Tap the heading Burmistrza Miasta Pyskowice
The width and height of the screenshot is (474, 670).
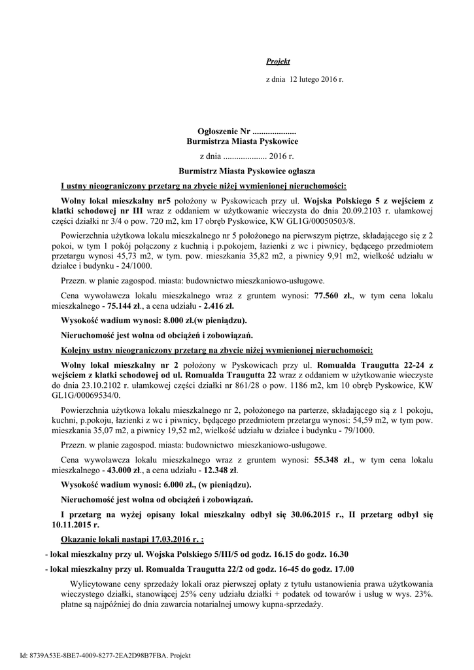pos(243,141)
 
